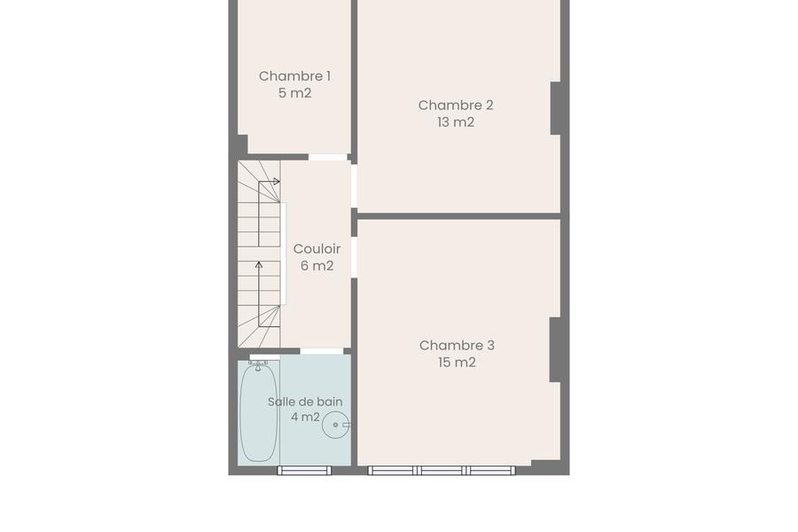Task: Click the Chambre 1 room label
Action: point(294,76)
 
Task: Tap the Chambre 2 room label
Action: point(456,106)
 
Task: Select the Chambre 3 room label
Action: point(457,346)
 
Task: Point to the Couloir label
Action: point(317,249)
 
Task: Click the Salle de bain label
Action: point(305,402)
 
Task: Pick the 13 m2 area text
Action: point(456,122)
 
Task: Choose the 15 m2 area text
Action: point(457,363)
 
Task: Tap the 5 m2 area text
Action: point(294,93)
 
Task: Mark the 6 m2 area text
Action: point(317,266)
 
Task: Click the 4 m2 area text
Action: point(305,417)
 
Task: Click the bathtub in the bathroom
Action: point(259,412)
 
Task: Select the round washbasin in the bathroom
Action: point(335,425)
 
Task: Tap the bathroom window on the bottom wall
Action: point(304,471)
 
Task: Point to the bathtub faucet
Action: point(258,364)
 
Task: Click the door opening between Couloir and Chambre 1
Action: point(328,157)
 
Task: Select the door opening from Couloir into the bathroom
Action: point(322,351)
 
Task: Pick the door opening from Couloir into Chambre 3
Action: point(354,257)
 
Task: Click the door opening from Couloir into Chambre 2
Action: point(354,186)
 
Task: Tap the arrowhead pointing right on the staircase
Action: point(277,181)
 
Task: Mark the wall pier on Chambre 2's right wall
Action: point(556,108)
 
